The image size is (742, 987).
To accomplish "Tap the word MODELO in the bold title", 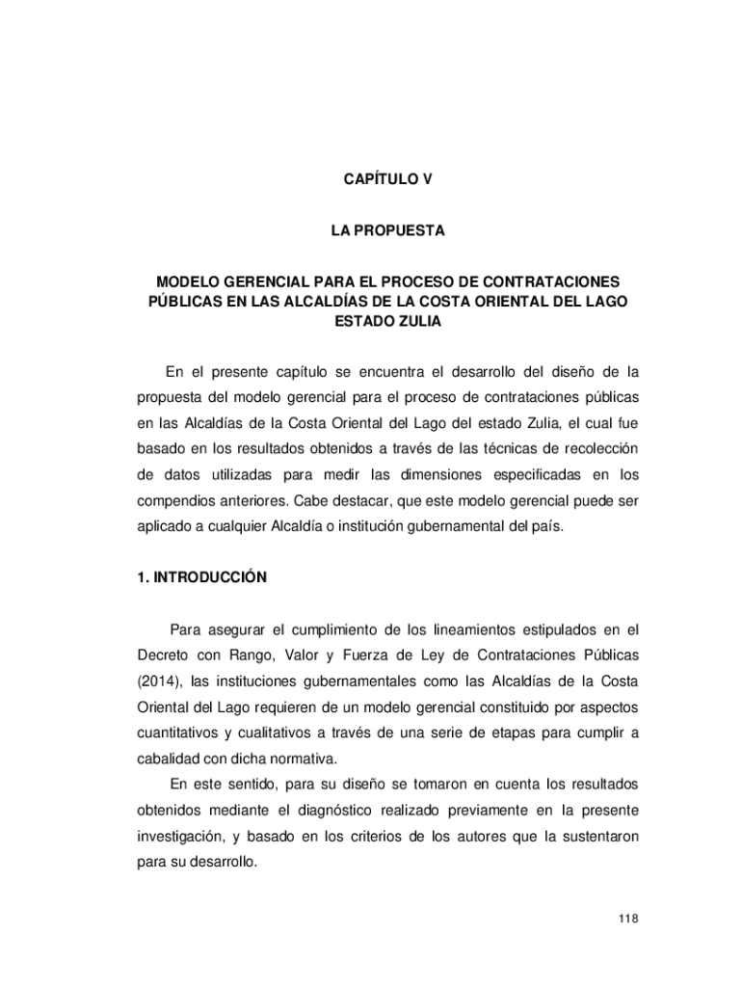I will point(188,282).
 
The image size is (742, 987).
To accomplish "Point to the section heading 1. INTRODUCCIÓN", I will point(200,578).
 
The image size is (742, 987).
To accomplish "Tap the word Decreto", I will point(160,656).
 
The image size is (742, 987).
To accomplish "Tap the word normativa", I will point(308,758).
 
